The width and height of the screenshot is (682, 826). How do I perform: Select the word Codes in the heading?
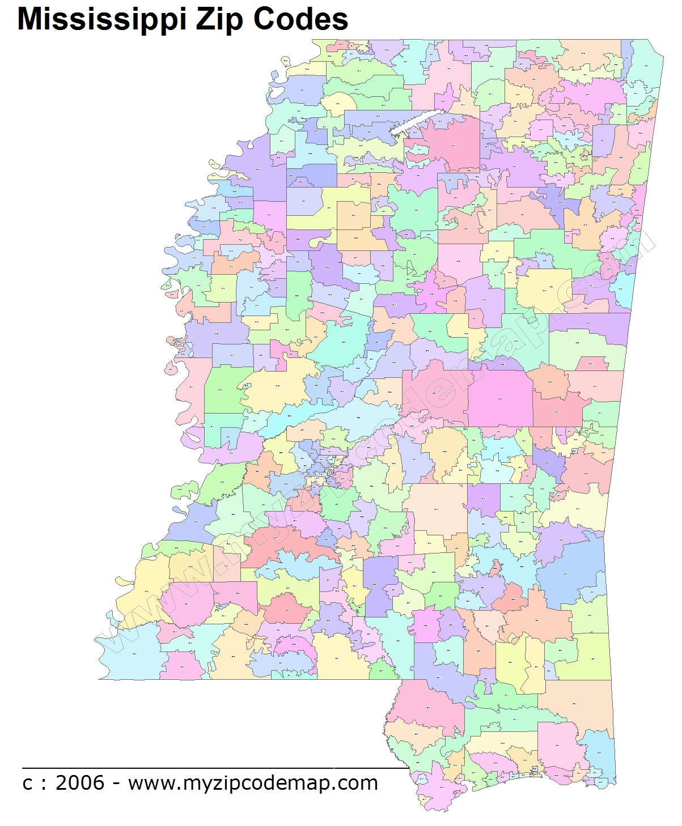pyautogui.click(x=300, y=20)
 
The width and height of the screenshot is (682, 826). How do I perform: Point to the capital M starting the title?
pyautogui.click(x=29, y=20)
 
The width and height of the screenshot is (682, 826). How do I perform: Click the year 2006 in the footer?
pyautogui.click(x=81, y=783)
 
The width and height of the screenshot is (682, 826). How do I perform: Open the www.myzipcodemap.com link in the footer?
pyautogui.click(x=253, y=783)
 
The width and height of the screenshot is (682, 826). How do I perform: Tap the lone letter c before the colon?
pyautogui.click(x=27, y=784)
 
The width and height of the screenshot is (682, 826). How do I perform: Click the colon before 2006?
pyautogui.click(x=44, y=784)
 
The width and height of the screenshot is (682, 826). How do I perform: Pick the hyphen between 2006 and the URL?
pyautogui.click(x=116, y=784)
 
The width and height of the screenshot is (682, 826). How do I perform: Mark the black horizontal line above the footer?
pyautogui.click(x=215, y=768)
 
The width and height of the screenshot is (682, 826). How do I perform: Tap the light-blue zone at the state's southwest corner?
pyautogui.click(x=128, y=652)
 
